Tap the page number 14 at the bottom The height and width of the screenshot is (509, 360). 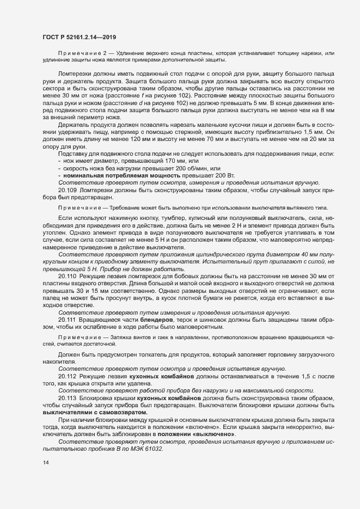click(45, 463)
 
